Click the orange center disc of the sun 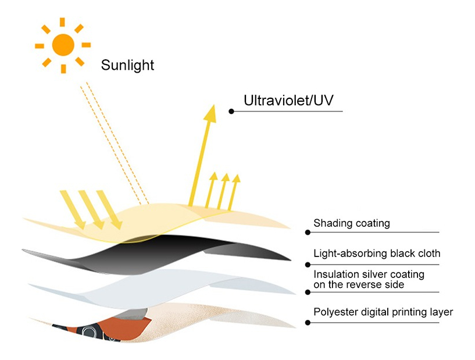pyautogui.click(x=63, y=44)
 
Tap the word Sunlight pyautogui.click(x=127, y=65)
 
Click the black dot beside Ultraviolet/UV pyautogui.click(x=231, y=111)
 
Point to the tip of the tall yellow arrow pyautogui.click(x=210, y=109)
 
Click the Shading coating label pyautogui.click(x=351, y=223)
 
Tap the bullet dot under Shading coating pyautogui.click(x=307, y=232)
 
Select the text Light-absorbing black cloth pyautogui.click(x=377, y=254)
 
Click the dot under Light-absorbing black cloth pyautogui.click(x=307, y=264)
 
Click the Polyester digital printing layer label pyautogui.click(x=383, y=312)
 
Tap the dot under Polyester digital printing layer pyautogui.click(x=307, y=322)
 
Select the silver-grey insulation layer pyautogui.click(x=145, y=285)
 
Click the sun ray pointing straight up pyautogui.click(x=63, y=22)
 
